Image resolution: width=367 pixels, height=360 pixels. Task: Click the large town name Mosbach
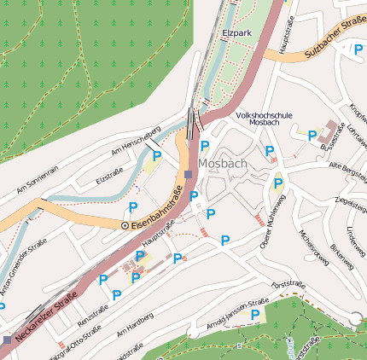222,163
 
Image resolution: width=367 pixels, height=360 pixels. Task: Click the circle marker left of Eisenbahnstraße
125,225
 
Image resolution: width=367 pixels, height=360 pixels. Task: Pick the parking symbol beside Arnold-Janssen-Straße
254,315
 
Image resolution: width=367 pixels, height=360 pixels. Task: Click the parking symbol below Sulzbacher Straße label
358,49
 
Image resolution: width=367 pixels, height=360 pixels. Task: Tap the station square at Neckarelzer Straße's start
8,340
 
